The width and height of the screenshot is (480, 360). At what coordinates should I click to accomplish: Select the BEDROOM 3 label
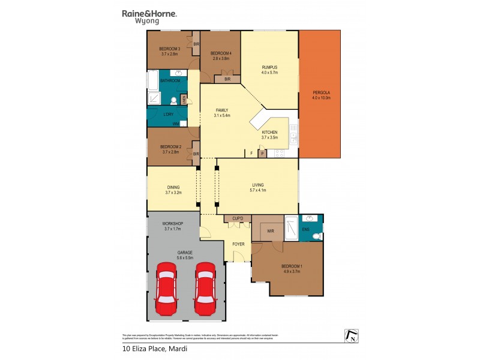pyautogui.click(x=169, y=49)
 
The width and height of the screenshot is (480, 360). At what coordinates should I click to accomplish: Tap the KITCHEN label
pyautogui.click(x=269, y=132)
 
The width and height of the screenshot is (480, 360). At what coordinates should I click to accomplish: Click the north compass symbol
pyautogui.click(x=350, y=336)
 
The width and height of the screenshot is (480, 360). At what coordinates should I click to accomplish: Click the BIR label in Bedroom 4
pyautogui.click(x=227, y=79)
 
